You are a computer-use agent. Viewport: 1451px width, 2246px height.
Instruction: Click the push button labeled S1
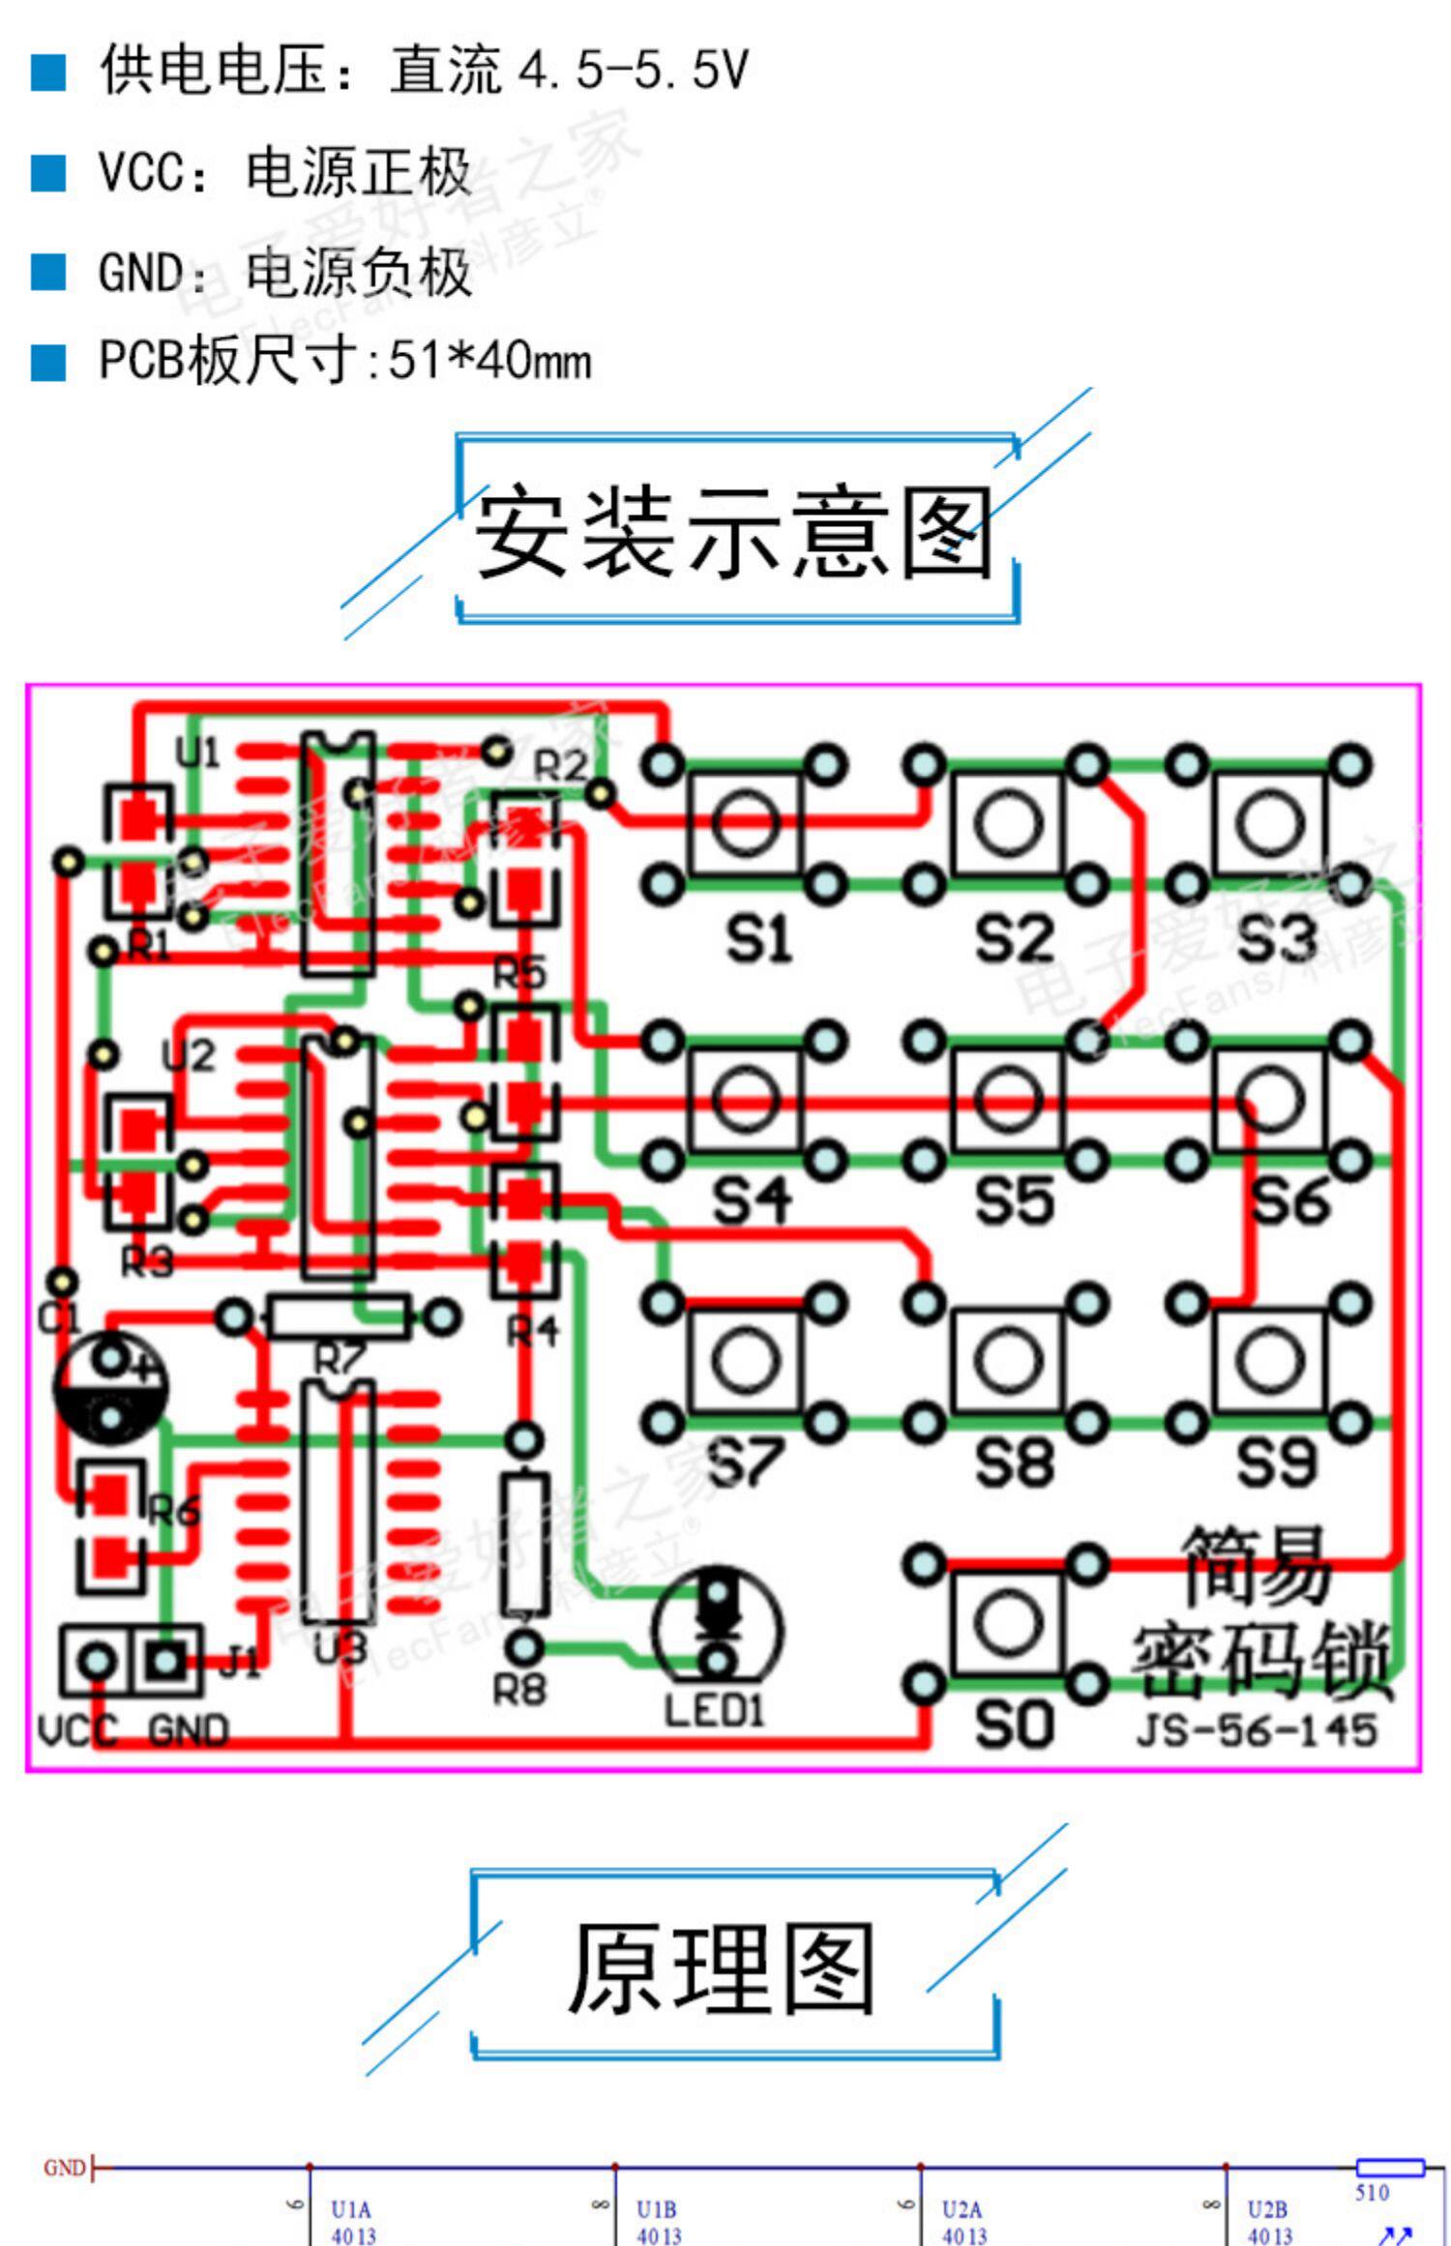745,824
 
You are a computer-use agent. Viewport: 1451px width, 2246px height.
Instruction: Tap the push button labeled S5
1006,1100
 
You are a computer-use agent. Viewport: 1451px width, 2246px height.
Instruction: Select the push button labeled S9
1268,1361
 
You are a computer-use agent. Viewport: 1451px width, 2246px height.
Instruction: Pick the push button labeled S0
1006,1623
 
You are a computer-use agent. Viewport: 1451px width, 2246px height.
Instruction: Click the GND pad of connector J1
166,1662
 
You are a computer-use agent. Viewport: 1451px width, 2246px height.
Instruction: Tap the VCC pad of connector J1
96,1662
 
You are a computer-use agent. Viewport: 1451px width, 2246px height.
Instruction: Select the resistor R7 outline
337,1316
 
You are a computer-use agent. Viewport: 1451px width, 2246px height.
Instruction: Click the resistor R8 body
523,1544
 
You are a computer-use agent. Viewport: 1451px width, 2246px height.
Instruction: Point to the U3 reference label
340,1647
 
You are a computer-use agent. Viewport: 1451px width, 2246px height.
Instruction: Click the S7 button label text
745,1462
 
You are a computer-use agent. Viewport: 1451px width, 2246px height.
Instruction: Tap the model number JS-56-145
1256,1730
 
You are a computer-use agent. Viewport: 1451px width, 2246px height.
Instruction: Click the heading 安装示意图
733,532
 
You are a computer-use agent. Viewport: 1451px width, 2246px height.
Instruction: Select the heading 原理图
721,1969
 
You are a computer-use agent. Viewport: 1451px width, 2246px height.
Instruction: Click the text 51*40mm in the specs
489,361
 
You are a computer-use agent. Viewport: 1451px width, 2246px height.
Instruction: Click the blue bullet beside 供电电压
48,72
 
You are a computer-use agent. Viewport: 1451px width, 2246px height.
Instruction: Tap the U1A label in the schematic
350,2208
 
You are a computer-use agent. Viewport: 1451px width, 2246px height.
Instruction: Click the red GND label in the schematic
65,2168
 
